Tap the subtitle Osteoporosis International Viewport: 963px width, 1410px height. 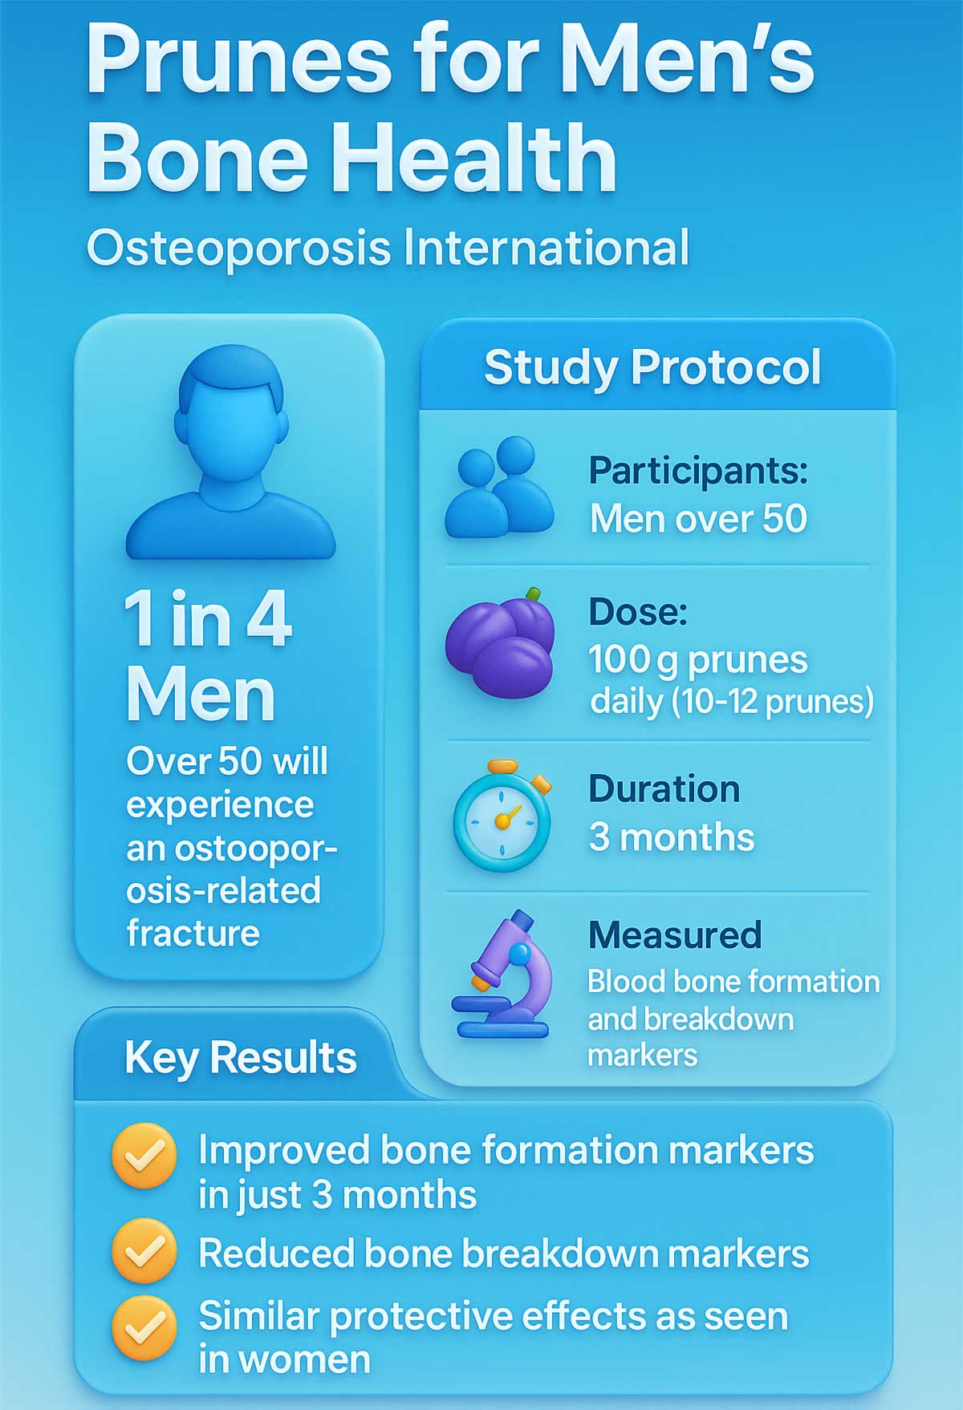(388, 248)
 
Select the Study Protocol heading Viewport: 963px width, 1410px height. (652, 367)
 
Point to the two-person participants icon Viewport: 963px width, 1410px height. (499, 488)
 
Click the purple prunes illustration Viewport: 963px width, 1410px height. (501, 642)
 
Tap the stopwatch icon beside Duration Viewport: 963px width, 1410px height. (502, 816)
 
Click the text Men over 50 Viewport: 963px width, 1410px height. (698, 519)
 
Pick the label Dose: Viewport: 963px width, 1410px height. (638, 612)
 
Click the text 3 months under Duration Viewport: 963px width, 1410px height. (672, 837)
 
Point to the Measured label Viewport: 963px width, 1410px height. (675, 935)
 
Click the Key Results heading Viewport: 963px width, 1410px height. (240, 1058)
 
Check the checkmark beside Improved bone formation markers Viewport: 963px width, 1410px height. (144, 1156)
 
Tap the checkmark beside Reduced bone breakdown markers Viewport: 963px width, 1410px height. (144, 1250)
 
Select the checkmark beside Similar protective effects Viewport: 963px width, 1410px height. (144, 1327)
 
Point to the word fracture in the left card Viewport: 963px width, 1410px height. (193, 934)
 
